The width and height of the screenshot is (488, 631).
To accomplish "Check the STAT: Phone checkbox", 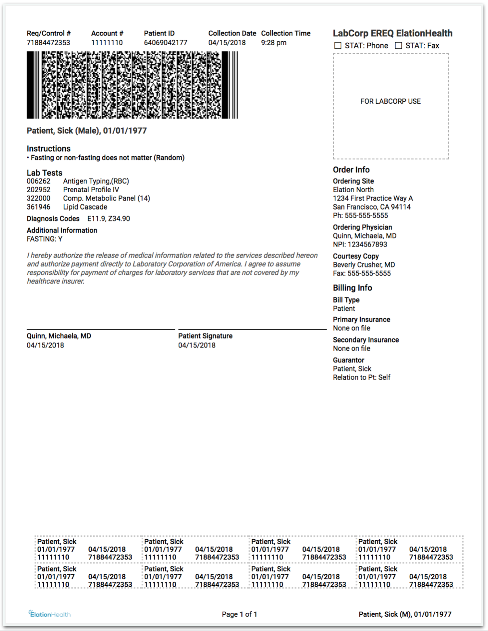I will (x=338, y=46).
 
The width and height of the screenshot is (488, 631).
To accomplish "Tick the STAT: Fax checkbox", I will (x=398, y=46).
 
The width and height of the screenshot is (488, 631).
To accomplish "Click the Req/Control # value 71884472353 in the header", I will (x=48, y=43).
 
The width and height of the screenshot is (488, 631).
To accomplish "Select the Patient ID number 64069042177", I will (x=166, y=43).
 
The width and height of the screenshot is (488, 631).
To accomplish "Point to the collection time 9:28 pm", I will (x=273, y=43).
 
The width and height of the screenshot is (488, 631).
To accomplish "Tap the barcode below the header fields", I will (x=132, y=85).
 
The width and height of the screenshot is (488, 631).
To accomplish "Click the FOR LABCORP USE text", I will (x=391, y=101).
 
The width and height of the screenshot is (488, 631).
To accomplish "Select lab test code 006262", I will (x=39, y=181).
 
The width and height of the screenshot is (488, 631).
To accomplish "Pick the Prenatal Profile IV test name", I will (x=91, y=190).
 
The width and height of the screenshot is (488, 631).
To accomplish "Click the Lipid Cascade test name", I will (x=85, y=207).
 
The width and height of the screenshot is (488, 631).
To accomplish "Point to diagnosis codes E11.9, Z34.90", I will (x=109, y=219).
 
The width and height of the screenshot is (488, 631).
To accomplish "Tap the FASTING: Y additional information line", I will (x=44, y=239).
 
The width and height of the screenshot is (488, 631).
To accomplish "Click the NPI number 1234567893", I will (x=360, y=245).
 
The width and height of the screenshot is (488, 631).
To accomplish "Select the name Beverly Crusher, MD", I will (x=364, y=265).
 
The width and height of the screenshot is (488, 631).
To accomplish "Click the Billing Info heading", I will (x=352, y=288).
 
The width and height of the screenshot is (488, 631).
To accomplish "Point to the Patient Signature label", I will (x=205, y=336).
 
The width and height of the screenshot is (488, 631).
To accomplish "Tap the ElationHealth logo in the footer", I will (x=50, y=614).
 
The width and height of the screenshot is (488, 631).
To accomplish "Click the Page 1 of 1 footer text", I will (x=240, y=614).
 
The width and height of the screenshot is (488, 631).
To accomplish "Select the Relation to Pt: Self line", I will (x=362, y=378).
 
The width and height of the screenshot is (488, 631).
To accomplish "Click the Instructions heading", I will (x=48, y=149).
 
